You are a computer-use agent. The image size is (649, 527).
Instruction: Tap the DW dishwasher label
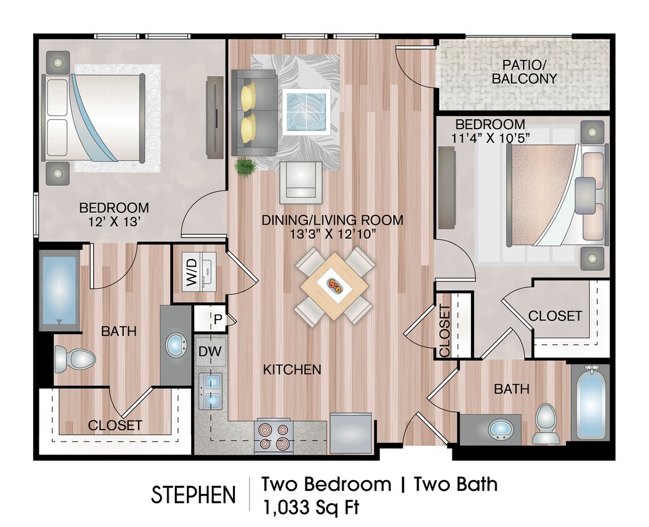pyautogui.click(x=211, y=352)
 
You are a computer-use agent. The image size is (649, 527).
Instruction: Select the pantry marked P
pyautogui.click(x=218, y=318)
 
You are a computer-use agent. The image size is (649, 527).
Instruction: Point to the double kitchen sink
pyautogui.click(x=211, y=391)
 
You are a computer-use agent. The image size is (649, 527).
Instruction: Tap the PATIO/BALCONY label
pyautogui.click(x=524, y=72)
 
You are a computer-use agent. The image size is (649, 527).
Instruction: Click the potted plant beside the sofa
pyautogui.click(x=245, y=167)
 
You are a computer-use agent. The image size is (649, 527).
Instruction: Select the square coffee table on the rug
pyautogui.click(x=306, y=112)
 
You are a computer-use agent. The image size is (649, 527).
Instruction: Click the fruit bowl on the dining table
pyautogui.click(x=334, y=286)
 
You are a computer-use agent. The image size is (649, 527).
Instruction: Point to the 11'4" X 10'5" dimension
pyautogui.click(x=490, y=138)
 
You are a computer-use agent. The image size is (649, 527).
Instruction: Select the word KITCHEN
pyautogui.click(x=292, y=370)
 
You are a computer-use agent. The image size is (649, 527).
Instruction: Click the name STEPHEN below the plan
pyautogui.click(x=193, y=495)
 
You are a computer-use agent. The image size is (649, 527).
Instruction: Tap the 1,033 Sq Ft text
pyautogui.click(x=310, y=507)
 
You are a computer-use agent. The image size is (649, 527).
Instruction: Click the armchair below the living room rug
pyautogui.click(x=300, y=182)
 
